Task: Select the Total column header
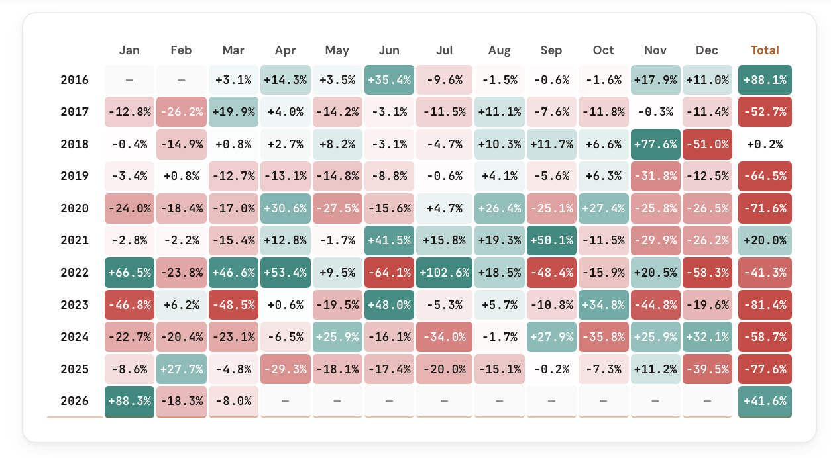tap(765, 50)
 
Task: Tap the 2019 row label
tap(74, 177)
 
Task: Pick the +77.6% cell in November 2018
tap(655, 144)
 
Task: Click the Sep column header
tap(551, 50)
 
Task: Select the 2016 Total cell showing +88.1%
tap(765, 80)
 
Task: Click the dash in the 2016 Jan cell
tap(129, 80)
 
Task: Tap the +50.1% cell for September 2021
tap(551, 241)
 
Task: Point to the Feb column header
tap(181, 50)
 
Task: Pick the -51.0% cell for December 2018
tap(707, 144)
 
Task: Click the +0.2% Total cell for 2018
tap(765, 144)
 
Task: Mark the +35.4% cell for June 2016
tap(389, 80)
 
